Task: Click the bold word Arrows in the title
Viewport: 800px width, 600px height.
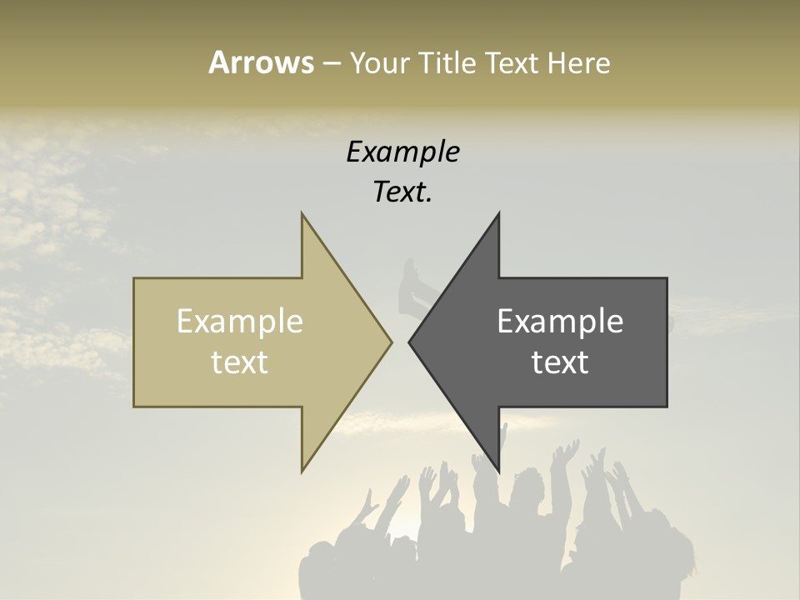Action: click(261, 63)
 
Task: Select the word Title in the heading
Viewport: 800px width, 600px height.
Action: click(447, 63)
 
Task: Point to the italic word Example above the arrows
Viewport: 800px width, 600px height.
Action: click(403, 152)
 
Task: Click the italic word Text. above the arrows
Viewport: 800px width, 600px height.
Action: click(403, 192)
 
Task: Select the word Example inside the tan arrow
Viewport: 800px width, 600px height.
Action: click(240, 322)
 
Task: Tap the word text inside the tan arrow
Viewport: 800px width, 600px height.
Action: click(240, 362)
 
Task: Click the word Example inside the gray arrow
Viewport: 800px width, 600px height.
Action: click(560, 322)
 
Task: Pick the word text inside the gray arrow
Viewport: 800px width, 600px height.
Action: click(560, 362)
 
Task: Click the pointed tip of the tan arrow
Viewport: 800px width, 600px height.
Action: click(391, 342)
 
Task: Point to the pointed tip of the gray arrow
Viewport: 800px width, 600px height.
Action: click(409, 342)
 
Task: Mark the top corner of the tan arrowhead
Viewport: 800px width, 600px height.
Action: click(302, 213)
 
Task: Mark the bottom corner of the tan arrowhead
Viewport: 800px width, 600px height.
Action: click(302, 472)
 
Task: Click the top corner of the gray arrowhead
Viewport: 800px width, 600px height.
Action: click(498, 213)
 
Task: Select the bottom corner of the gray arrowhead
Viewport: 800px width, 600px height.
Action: click(498, 472)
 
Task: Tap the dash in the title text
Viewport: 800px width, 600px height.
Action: click(331, 64)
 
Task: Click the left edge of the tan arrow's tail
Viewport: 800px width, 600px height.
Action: click(134, 342)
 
